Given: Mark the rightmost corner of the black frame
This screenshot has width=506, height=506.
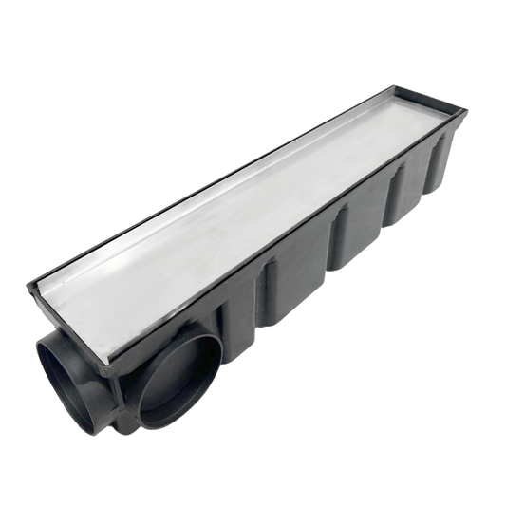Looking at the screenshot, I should coord(465,113).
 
